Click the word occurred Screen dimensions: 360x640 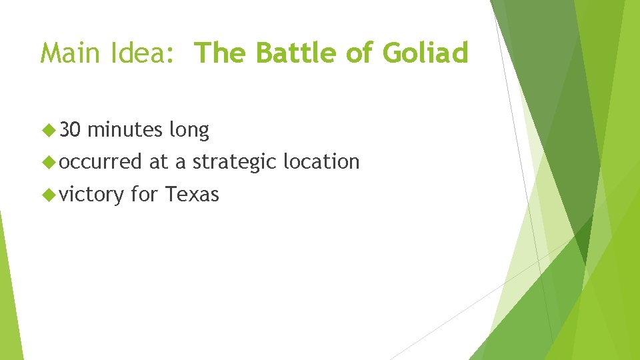101,161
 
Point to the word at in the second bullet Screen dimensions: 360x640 159,162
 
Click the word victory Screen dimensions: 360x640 92,195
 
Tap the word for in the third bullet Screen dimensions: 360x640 145,194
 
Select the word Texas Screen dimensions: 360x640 192,194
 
